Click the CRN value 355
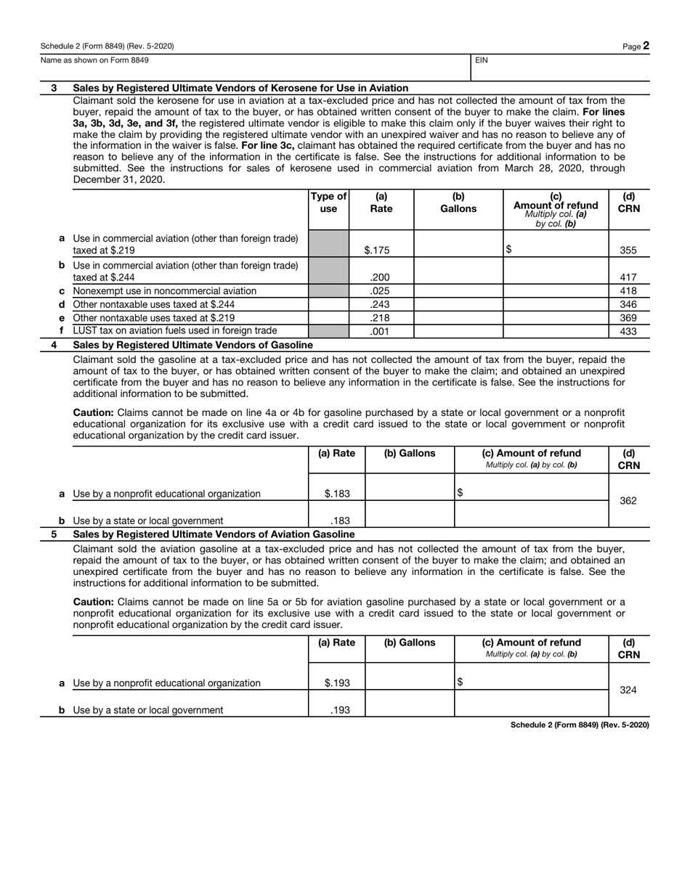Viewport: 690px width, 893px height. [x=628, y=250]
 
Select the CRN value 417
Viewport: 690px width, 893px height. [x=628, y=277]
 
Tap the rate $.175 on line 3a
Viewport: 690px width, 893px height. [x=377, y=250]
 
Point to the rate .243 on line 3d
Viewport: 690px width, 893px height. [x=380, y=304]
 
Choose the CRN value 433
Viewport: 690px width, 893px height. [x=628, y=331]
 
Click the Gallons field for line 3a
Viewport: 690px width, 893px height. [x=458, y=244]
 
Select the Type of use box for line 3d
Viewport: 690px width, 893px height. [x=328, y=304]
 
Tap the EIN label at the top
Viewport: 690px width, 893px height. [x=482, y=61]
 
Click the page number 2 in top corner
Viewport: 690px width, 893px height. [x=645, y=46]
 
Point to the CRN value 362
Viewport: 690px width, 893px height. [x=628, y=500]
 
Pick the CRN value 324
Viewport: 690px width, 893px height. [x=628, y=690]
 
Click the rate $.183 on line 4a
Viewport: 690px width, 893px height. [x=337, y=494]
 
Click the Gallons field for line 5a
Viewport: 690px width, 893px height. [x=410, y=677]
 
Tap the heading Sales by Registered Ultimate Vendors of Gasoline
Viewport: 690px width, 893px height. [x=193, y=345]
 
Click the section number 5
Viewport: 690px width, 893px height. [x=54, y=534]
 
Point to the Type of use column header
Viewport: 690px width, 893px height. [x=328, y=202]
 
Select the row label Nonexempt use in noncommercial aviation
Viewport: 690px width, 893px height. [x=165, y=290]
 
